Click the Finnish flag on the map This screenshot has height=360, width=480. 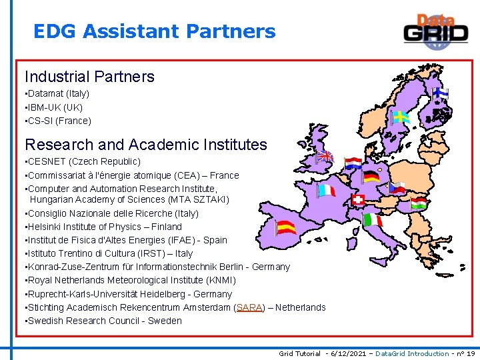click(440, 93)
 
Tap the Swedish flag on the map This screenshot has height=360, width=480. click(401, 117)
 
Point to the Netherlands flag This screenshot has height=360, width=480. click(353, 163)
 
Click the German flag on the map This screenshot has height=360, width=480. click(372, 176)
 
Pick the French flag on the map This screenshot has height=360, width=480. click(326, 191)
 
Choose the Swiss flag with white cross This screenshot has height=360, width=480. click(358, 199)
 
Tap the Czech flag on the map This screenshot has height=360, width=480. click(397, 188)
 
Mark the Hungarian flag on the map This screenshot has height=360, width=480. click(419, 202)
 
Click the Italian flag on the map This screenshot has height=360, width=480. click(372, 220)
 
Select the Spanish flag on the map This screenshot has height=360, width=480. click(286, 227)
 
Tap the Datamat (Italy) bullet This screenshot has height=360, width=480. click(59, 94)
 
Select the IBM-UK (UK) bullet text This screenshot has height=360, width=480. click(55, 107)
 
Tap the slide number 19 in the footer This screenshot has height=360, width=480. click(471, 353)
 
